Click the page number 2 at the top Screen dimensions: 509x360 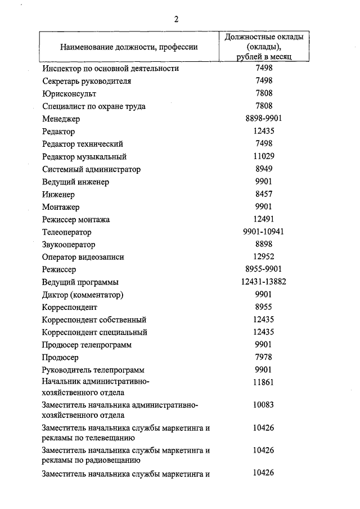[176, 19]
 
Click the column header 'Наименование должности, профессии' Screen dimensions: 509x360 [129, 47]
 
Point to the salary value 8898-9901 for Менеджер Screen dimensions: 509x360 [264, 119]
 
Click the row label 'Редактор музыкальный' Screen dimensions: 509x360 [84, 156]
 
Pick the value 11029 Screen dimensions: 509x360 [264, 156]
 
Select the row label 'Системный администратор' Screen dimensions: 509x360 [91, 169]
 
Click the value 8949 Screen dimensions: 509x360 [264, 169]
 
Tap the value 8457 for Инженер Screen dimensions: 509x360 [264, 194]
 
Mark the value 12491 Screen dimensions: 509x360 [264, 219]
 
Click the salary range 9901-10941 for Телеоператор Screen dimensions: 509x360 [264, 232]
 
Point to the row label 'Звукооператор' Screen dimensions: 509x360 [69, 245]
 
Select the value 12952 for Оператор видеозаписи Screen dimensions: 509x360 [264, 257]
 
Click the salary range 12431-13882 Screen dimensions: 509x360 [264, 282]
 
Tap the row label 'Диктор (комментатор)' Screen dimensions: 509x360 [83, 295]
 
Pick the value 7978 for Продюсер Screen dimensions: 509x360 [264, 357]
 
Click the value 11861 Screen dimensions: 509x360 [264, 382]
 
